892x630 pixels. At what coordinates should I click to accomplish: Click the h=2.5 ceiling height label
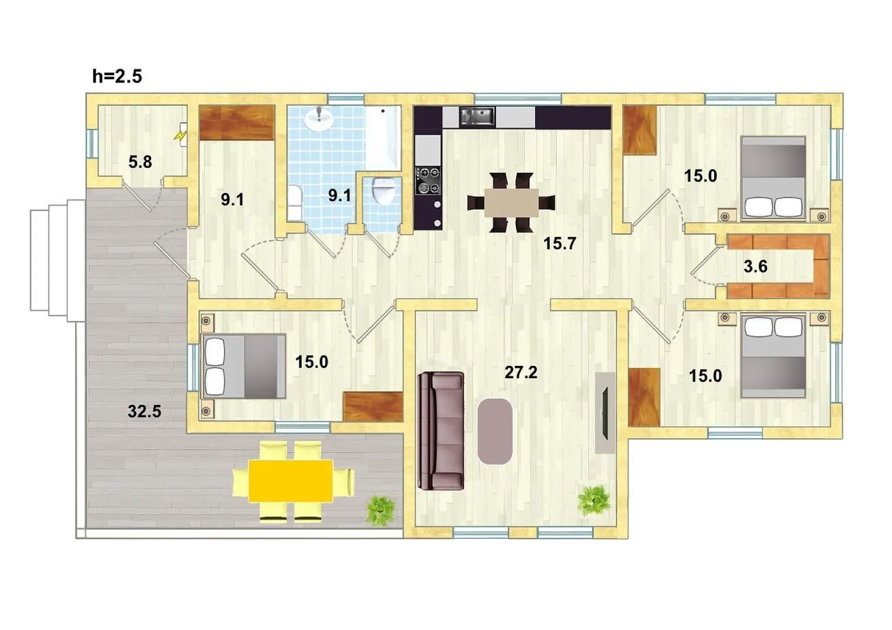click(117, 76)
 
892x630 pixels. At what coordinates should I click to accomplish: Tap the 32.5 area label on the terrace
click(145, 411)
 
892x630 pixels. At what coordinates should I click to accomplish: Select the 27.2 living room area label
click(521, 373)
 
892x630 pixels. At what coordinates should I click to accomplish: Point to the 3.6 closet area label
click(755, 267)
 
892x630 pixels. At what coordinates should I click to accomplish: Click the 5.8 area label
click(140, 162)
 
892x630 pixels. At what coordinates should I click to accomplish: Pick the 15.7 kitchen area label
click(560, 243)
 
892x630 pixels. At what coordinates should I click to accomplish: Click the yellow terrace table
click(291, 481)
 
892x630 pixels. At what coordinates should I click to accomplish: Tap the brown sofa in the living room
click(441, 431)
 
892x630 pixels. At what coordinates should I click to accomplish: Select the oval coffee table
click(495, 431)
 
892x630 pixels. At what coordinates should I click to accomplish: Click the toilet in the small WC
click(383, 191)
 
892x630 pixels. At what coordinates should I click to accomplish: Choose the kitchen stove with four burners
click(428, 180)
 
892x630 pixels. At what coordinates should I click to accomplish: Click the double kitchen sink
click(477, 117)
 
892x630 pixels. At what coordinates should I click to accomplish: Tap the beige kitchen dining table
click(511, 202)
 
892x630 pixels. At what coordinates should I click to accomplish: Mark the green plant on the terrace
click(381, 511)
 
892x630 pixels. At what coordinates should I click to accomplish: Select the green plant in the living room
click(594, 501)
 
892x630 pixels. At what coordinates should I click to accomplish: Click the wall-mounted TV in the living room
click(605, 412)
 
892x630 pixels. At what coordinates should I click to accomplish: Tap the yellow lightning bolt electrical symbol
click(180, 136)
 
